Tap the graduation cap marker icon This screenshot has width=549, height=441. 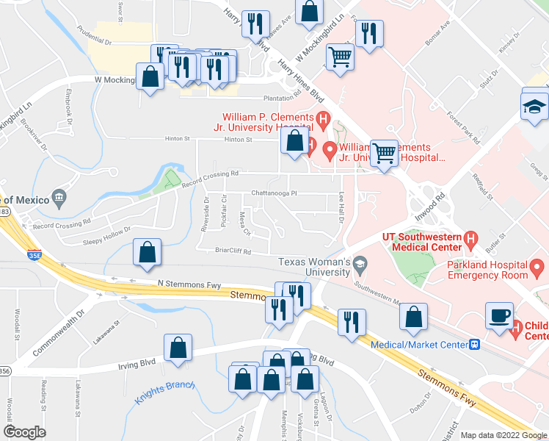[x=534, y=107]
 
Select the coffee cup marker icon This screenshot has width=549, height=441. [x=499, y=315]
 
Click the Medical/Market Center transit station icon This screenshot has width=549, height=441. [x=475, y=344]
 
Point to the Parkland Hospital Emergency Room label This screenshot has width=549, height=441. [x=488, y=270]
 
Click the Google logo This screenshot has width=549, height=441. [x=25, y=432]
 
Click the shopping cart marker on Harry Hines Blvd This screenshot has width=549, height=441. [x=340, y=57]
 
